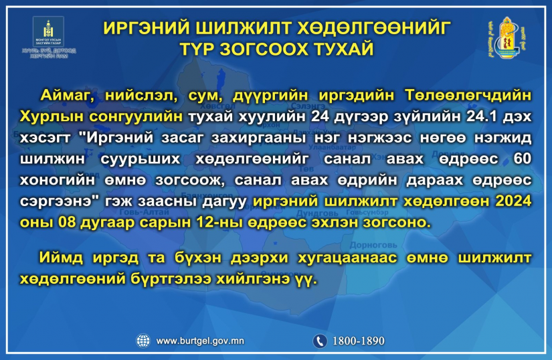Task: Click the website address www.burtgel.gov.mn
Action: (x=200, y=341)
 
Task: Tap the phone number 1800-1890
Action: (x=359, y=341)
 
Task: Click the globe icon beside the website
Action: (x=143, y=341)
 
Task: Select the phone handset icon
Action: (x=320, y=341)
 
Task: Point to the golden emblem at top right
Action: (x=507, y=37)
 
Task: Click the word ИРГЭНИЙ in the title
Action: (x=147, y=28)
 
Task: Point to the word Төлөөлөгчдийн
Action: (x=468, y=96)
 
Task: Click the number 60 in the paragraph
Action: (x=523, y=159)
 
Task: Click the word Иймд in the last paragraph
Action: (x=60, y=258)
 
